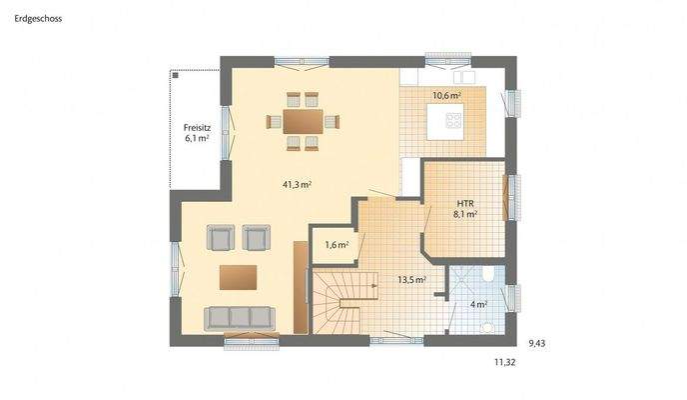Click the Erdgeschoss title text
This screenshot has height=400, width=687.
tap(37, 17)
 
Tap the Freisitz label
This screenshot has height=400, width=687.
tap(197, 127)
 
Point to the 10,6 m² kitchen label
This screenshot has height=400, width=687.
tap(446, 96)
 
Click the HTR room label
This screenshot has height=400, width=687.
tap(464, 202)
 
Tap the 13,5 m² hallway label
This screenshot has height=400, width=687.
tap(412, 280)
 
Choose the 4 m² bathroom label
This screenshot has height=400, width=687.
tap(479, 303)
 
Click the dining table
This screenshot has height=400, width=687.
tap(303, 121)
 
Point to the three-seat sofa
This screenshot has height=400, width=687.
tap(239, 318)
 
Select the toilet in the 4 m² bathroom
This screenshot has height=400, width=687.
tap(488, 274)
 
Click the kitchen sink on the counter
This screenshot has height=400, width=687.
tap(463, 76)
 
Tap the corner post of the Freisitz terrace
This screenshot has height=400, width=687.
tap(174, 73)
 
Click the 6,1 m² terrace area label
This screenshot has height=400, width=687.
tap(197, 139)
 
